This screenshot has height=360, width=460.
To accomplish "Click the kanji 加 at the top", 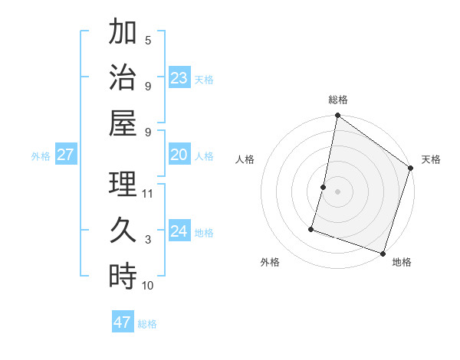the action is [123, 33].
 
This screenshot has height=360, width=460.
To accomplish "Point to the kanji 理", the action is [123, 184].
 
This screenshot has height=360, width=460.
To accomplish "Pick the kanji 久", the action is [123, 230].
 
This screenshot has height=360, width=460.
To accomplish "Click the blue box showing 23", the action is [179, 77].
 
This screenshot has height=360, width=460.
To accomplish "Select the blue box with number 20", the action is [179, 155].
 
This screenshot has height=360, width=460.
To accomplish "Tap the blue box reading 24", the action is [179, 231].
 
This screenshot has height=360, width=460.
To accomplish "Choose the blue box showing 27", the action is [65, 155].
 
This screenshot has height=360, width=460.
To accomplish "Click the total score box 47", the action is [122, 322].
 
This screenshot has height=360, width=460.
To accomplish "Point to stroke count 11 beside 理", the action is [148, 194].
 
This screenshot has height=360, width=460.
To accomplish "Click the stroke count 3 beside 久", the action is [148, 240].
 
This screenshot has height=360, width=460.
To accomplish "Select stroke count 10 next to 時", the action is [148, 286].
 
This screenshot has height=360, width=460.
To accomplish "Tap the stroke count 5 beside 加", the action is [148, 41].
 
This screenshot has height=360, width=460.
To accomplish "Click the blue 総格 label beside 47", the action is [147, 324].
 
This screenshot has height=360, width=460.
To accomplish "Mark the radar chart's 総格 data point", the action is [337, 116].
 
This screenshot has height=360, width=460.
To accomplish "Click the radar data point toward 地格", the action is [383, 253].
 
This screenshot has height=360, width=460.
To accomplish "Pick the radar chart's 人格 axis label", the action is [245, 160].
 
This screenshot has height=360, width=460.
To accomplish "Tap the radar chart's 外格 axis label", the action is [270, 262].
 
